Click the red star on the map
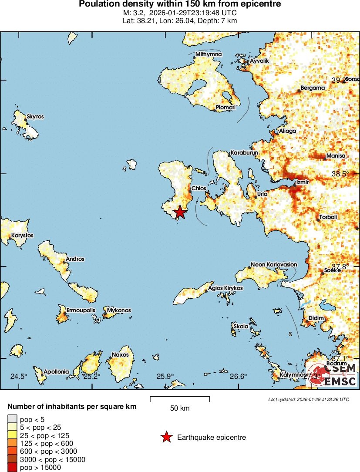point(180,212)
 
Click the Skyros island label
point(35,117)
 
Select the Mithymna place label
point(209,54)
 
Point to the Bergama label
point(313,88)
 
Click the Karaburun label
point(244,153)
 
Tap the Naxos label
point(120,354)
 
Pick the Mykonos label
point(119,310)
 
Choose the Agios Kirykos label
point(225,288)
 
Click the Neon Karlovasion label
point(274,264)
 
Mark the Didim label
point(316,318)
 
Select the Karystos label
point(23,236)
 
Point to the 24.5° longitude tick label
point(19,376)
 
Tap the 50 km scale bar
point(180,397)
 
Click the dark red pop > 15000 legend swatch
point(11,468)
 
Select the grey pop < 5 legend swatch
point(11,420)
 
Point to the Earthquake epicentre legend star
point(166,437)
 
